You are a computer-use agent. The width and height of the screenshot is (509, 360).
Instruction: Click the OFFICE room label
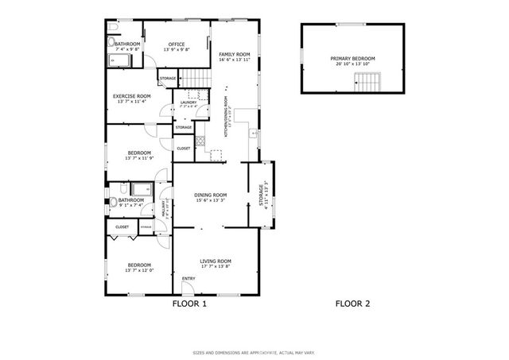click(x=177, y=44)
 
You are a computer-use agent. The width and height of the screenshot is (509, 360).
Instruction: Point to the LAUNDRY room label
click(x=188, y=103)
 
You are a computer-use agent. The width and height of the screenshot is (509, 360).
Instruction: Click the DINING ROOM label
click(x=212, y=195)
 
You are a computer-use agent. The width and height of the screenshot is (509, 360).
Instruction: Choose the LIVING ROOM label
click(x=216, y=261)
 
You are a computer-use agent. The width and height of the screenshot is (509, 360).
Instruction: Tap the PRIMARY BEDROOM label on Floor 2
click(x=352, y=58)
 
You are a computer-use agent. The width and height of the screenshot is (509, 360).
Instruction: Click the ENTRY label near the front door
click(x=188, y=279)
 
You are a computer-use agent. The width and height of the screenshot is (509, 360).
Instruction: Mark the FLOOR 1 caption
click(x=189, y=304)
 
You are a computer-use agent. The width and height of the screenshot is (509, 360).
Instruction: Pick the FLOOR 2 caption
click(x=352, y=304)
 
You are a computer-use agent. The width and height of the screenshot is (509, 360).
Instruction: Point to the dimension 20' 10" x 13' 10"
click(x=352, y=64)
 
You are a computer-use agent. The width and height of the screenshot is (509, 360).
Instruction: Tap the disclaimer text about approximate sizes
click(x=254, y=353)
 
